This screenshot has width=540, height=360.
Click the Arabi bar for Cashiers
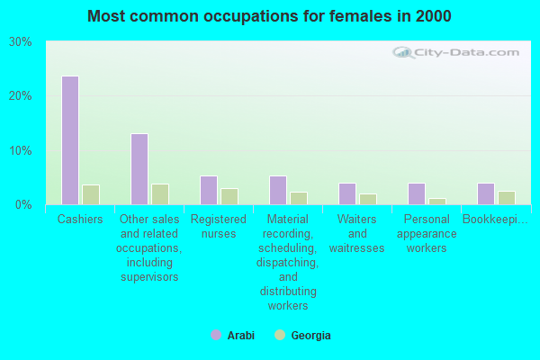[x=69, y=140]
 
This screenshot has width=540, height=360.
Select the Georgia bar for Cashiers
[x=90, y=194]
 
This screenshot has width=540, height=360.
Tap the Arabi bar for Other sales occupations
[x=139, y=169]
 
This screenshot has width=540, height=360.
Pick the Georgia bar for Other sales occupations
[x=159, y=194]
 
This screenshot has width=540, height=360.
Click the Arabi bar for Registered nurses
[x=208, y=190]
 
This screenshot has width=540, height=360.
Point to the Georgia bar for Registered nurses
[x=229, y=196]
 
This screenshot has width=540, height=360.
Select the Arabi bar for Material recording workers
[x=277, y=190]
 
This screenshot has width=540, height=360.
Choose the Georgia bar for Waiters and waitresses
[x=367, y=199]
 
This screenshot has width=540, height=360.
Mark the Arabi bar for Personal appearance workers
[x=416, y=193]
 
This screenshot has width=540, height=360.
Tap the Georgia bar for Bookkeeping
[x=506, y=198]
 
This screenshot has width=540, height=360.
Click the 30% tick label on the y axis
[x=21, y=42]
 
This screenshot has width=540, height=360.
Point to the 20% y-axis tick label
[x=21, y=96]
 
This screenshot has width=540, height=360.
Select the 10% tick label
[x=21, y=150]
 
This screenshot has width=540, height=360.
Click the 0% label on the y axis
[x=24, y=204]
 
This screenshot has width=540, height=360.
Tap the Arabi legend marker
[x=216, y=335]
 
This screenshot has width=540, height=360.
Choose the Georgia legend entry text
[x=311, y=336]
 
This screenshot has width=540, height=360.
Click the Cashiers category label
[x=80, y=220]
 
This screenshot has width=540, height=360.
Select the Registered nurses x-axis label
[x=219, y=226]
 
